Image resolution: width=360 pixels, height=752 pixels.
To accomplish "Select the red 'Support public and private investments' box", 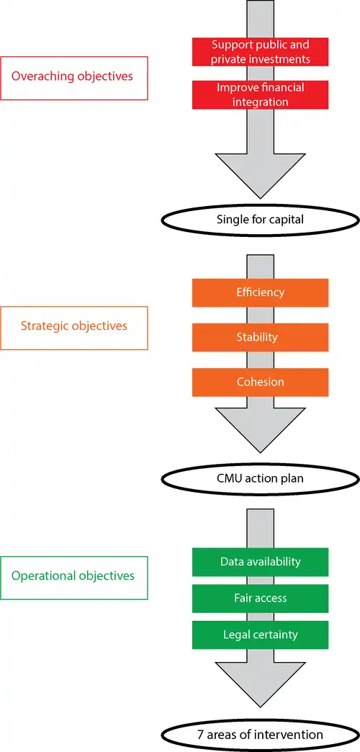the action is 261,52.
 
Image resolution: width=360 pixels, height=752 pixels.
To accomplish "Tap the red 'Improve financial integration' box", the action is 261,94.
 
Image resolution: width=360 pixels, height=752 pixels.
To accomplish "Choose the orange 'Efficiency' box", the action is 261,292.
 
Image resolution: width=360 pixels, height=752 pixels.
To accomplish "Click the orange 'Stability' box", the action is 261,337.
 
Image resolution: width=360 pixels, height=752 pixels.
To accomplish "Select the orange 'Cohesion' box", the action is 261,382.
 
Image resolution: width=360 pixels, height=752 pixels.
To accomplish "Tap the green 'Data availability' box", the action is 261,562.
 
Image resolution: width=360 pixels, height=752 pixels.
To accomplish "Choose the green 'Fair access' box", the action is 261,598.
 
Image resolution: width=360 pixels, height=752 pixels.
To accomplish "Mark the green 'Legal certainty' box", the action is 261,635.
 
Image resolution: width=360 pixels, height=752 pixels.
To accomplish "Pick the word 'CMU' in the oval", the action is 228,478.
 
